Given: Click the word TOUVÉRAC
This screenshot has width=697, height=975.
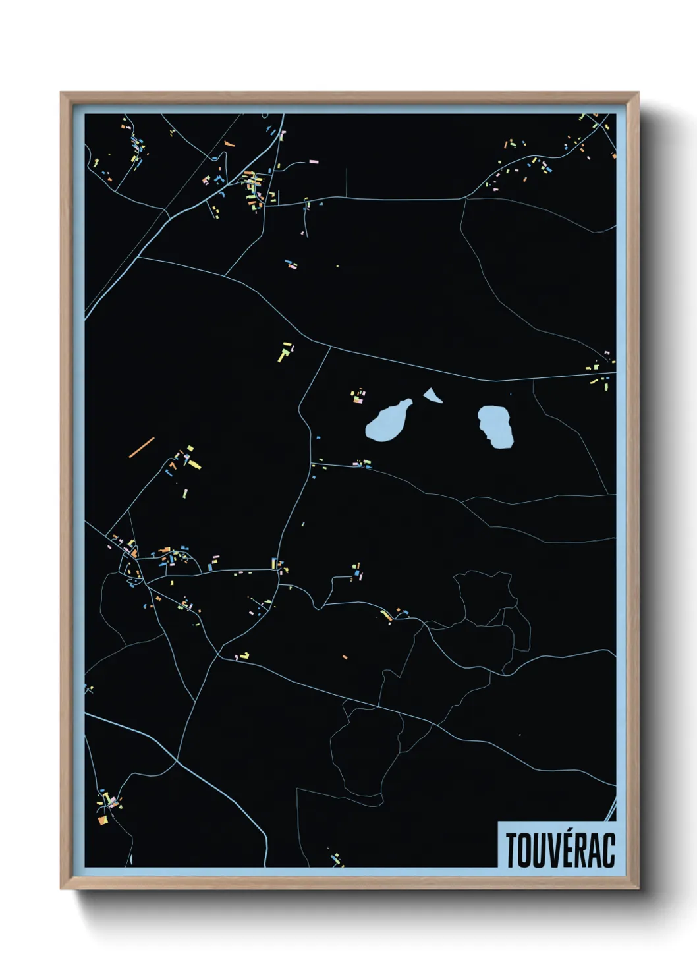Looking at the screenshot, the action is [560, 850].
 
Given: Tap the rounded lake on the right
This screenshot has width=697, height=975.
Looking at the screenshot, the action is [496, 426].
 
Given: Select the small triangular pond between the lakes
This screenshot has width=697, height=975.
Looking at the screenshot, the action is [432, 395].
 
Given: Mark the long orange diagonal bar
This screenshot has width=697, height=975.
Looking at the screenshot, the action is [142, 447].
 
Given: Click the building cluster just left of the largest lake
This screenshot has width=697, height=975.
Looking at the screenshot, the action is [358, 397].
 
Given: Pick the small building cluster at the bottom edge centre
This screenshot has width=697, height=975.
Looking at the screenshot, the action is [337, 859].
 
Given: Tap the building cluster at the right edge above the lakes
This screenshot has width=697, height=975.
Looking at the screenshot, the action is [601, 371].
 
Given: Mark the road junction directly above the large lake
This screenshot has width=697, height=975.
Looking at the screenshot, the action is [329, 347].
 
